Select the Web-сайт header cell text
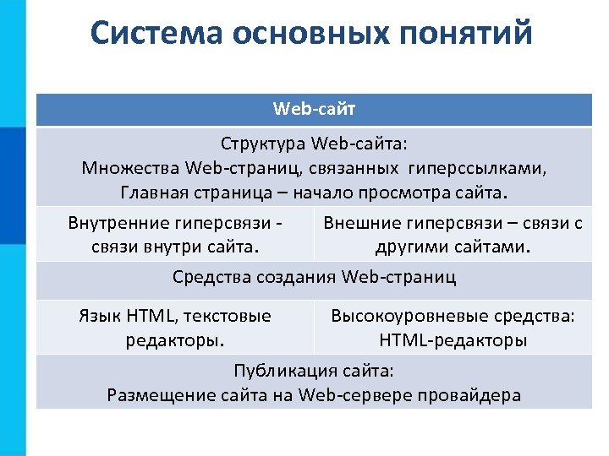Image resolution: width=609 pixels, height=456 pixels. pyautogui.click(x=314, y=109)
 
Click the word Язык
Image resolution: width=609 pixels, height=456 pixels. pyautogui.click(x=100, y=316)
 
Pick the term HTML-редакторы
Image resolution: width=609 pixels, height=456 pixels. pyautogui.click(x=453, y=341)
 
